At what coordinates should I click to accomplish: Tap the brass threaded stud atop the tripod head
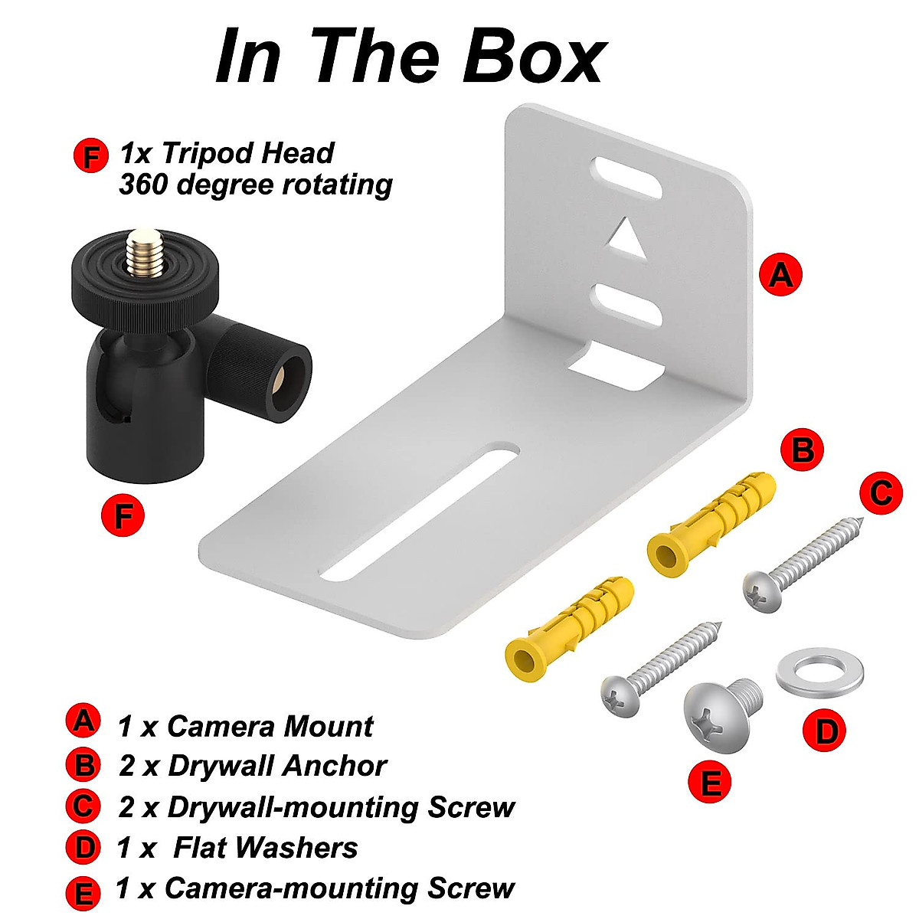pyautogui.click(x=142, y=252)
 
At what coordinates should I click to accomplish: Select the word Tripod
pyautogui.click(x=208, y=153)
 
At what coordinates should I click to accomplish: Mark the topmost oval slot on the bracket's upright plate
pyautogui.click(x=630, y=178)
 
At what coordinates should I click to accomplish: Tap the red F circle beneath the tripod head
pyautogui.click(x=123, y=515)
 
